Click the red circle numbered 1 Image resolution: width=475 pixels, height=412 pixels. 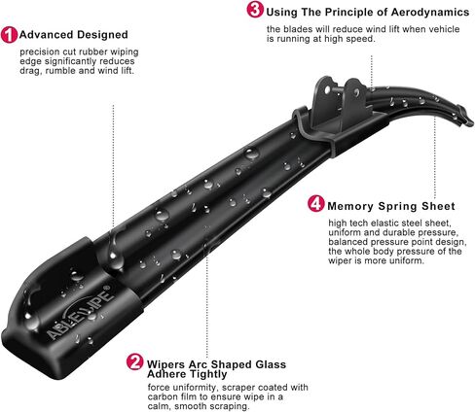(x=9, y=33)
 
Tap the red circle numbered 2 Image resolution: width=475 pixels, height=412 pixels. (x=135, y=364)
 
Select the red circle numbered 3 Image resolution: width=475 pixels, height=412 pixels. (x=254, y=11)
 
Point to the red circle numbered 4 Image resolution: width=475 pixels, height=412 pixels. (x=315, y=205)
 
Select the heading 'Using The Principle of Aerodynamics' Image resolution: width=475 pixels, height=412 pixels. (x=356, y=11)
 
